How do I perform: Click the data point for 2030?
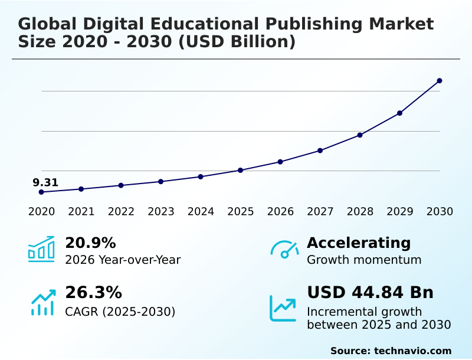point(440,81)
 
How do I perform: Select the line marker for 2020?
point(41,192)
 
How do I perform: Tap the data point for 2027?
point(320,150)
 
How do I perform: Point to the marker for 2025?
point(240,171)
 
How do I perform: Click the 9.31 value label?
point(45,182)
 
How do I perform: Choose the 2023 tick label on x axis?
point(160,212)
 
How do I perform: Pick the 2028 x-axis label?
point(360,212)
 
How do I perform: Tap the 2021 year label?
point(81,212)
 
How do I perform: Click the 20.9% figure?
point(90,243)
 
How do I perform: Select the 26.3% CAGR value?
point(93,293)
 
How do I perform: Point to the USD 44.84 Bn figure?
point(370,293)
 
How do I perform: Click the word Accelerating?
point(359,243)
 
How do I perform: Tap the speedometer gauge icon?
point(284,250)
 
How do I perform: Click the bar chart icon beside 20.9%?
point(41,250)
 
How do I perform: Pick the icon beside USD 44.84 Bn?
point(283,308)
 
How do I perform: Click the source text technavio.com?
point(412,351)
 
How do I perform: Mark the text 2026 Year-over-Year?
point(123,260)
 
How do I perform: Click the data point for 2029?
point(399,113)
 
